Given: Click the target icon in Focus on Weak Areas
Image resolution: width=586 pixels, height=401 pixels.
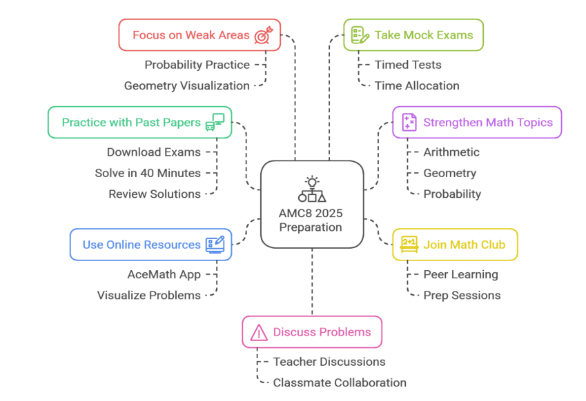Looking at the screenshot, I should point(263,35).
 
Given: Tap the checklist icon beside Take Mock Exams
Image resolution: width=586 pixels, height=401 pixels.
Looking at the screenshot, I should point(358,35).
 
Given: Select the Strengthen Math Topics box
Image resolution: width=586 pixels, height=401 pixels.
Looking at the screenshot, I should point(477,123).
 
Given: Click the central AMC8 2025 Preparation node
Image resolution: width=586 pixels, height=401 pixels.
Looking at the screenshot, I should point(312,204).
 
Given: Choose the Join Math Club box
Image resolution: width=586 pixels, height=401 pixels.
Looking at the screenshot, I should point(455,244).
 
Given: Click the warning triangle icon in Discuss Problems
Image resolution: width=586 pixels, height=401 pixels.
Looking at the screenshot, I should point(259,333).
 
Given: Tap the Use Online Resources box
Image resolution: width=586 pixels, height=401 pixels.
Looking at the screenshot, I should point(151,245).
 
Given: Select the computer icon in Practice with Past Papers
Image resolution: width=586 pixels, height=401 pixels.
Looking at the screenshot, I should point(215,122).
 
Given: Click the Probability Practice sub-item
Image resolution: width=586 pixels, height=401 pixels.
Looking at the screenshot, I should point(197,65).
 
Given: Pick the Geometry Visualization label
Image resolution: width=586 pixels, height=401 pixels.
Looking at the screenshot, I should point(186,85).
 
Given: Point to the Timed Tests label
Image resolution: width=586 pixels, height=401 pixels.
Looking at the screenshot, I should point(407,65).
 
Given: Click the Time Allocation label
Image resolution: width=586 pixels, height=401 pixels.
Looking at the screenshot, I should point(416,85).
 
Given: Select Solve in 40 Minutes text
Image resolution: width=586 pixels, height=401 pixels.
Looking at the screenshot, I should point(148,173).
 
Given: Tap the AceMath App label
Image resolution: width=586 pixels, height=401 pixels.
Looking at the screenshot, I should point(164,274).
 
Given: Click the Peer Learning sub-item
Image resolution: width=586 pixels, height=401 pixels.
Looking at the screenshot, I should point(460,274).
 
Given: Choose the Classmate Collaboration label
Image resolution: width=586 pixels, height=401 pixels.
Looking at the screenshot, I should point(340,382).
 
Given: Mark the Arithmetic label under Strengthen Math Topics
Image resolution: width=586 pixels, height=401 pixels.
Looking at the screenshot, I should point(451,152).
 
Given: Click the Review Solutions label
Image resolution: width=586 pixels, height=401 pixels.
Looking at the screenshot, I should point(155,194).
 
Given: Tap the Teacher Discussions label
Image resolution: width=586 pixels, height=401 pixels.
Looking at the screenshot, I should point(329,362).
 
